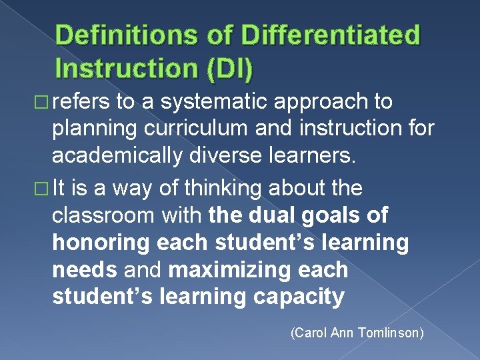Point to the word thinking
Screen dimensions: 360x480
[x=213, y=189]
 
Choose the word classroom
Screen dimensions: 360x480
[x=104, y=216]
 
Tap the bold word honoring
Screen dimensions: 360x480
[x=101, y=243]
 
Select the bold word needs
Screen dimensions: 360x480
[x=83, y=271]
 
